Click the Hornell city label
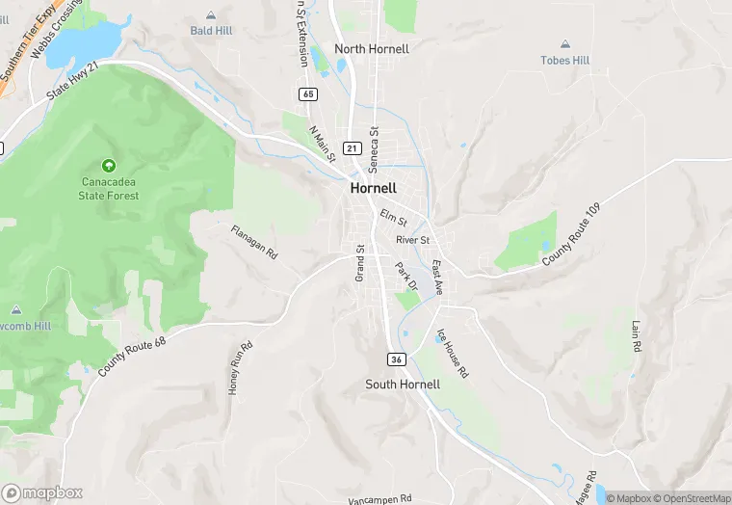pyautogui.click(x=374, y=188)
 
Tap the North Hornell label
pyautogui.click(x=372, y=49)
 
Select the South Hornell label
pyautogui.click(x=403, y=384)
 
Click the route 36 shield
pyautogui.click(x=397, y=359)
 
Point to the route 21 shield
pyautogui.click(x=353, y=148)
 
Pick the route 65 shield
pyautogui.click(x=307, y=93)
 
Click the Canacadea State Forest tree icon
pyautogui.click(x=109, y=166)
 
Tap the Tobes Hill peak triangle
pyautogui.click(x=564, y=44)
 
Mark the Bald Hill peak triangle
pyautogui.click(x=212, y=15)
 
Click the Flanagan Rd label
pyautogui.click(x=254, y=242)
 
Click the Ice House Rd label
pyautogui.click(x=453, y=352)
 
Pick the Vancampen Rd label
pyautogui.click(x=379, y=498)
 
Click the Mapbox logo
pyautogui.click(x=42, y=492)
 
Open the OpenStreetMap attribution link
pyautogui.click(x=694, y=498)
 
